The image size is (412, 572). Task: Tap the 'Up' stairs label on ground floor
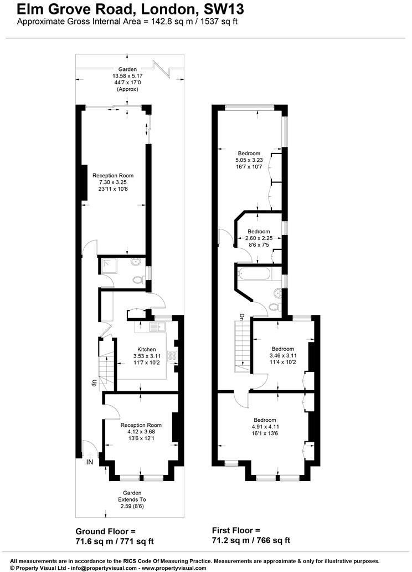95,382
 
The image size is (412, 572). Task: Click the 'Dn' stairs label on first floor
242,317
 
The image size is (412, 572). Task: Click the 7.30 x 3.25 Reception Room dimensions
113,182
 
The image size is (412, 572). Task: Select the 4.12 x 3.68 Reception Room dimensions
141,432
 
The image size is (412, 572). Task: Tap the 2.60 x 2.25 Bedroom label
259,231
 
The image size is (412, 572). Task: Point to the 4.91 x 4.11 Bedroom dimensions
265,427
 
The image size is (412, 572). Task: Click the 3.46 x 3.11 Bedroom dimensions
282,355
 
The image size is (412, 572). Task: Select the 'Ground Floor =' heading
105,531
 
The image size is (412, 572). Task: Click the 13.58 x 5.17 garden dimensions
127,76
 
